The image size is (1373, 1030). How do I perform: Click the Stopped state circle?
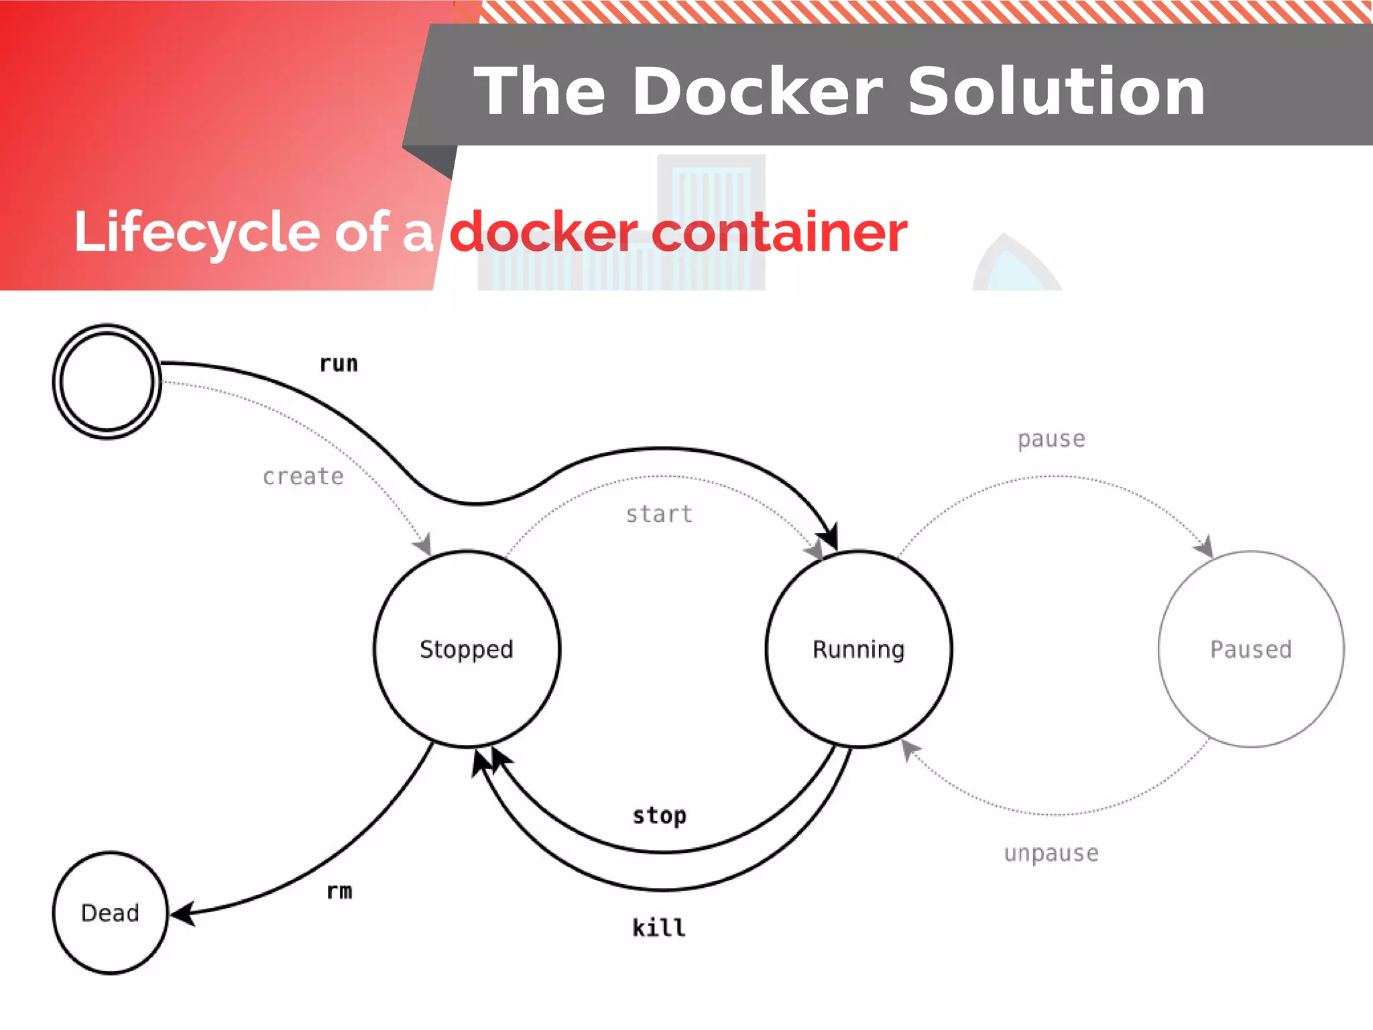(467, 648)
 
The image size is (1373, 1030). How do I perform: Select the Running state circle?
(859, 648)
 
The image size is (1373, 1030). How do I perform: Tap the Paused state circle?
(1251, 648)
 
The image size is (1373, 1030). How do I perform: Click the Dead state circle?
(110, 913)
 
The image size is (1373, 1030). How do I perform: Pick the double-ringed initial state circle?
(107, 382)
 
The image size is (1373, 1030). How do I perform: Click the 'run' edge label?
(339, 364)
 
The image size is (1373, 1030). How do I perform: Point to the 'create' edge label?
(303, 476)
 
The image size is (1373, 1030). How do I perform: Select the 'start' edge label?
(659, 514)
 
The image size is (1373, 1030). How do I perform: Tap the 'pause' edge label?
(1051, 439)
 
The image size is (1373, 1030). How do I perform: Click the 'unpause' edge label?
(1051, 853)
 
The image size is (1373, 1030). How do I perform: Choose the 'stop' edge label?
(660, 815)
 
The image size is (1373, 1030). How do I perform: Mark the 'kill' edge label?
(659, 928)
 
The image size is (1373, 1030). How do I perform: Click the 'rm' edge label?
(339, 891)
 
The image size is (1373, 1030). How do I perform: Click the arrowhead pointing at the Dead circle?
(182, 913)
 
